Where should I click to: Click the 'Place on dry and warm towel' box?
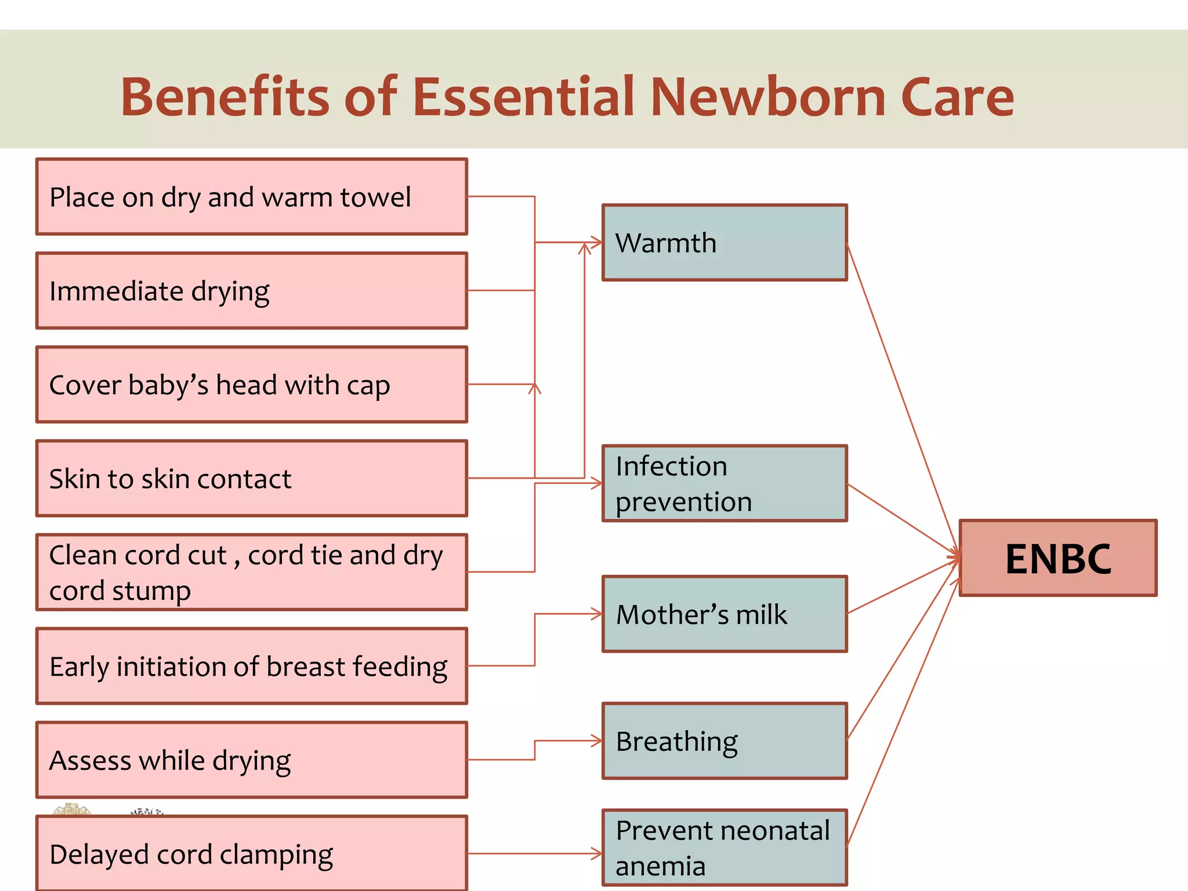click(x=251, y=197)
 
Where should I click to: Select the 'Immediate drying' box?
click(x=251, y=291)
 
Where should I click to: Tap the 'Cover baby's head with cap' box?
click(x=251, y=385)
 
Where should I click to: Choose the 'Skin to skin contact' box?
click(x=251, y=479)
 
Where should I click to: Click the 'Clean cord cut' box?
click(x=251, y=572)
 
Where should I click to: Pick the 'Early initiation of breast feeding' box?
click(x=251, y=666)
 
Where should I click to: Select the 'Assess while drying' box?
click(x=251, y=760)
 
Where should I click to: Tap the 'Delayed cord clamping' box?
click(x=251, y=853)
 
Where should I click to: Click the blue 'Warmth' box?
click(x=725, y=242)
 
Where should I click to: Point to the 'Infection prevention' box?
click(x=725, y=483)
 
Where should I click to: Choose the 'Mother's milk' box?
click(x=725, y=614)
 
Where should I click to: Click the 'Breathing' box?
click(x=725, y=741)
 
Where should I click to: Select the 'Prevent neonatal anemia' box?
click(x=725, y=847)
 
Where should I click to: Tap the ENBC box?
click(x=1058, y=558)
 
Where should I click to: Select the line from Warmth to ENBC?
click(x=902, y=394)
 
